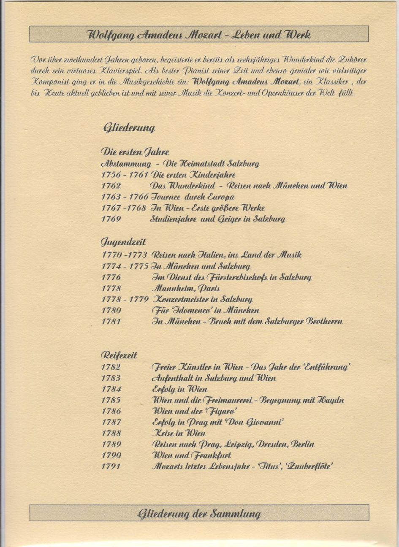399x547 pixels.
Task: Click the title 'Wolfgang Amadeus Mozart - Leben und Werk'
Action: [199, 35]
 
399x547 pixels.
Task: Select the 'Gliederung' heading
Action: [128, 127]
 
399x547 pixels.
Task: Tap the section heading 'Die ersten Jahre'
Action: [135, 152]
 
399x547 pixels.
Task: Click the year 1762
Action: [111, 186]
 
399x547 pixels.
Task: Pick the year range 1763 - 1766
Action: [125, 197]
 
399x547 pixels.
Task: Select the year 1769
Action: [111, 219]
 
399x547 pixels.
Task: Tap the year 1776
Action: [111, 277]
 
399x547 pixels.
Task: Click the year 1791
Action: [111, 466]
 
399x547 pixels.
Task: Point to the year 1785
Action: [111, 400]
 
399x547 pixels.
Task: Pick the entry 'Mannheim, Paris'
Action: [186, 289]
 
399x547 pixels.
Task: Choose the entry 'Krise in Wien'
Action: [179, 433]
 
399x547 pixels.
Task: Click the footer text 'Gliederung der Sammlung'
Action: [199, 514]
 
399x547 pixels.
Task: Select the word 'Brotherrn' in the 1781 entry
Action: [324, 322]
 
